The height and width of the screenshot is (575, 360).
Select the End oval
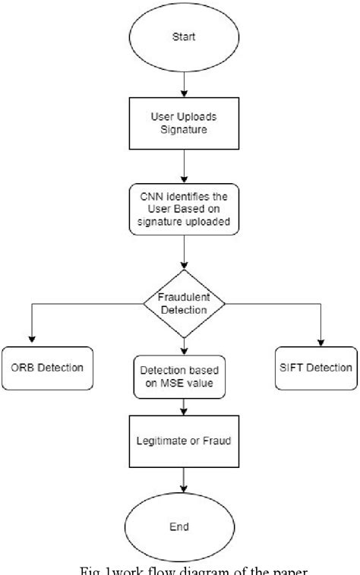coord(183,526)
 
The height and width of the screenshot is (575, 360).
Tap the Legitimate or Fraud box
coord(183,440)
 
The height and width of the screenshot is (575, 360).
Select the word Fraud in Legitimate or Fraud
coord(215,440)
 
